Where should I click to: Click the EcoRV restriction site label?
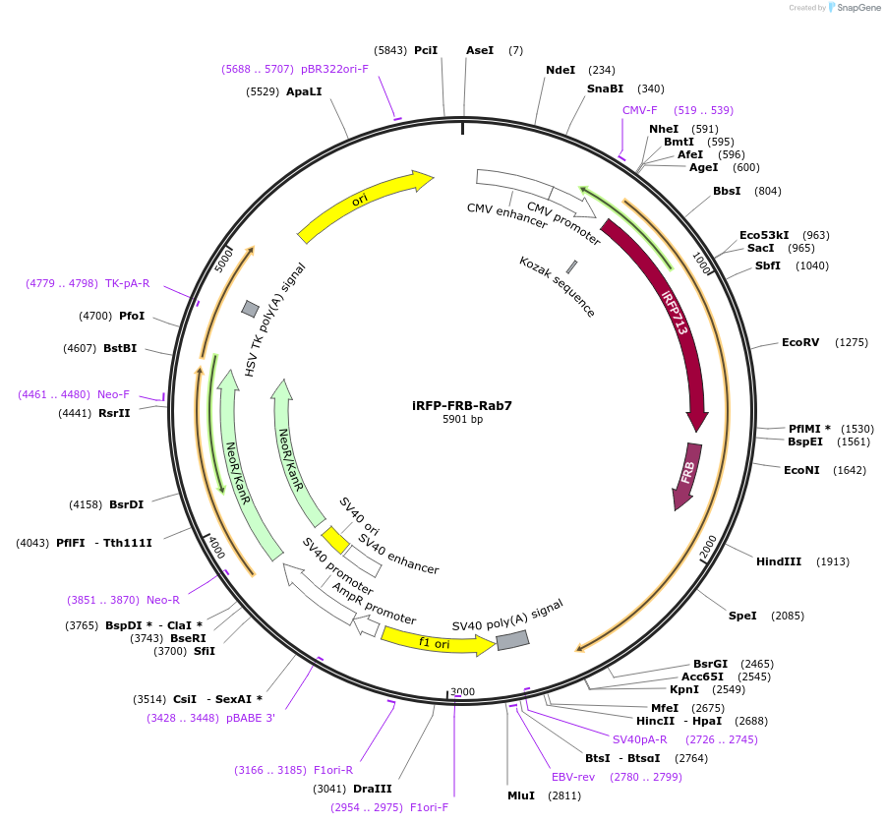tap(799, 342)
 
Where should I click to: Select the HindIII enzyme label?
tap(779, 561)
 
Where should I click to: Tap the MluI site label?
tap(521, 795)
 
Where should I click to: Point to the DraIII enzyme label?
tap(373, 789)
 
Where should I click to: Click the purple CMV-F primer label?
tap(640, 110)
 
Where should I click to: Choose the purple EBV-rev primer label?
tap(573, 777)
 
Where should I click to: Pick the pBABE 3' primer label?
tap(250, 718)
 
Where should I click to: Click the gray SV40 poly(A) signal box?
tap(512, 641)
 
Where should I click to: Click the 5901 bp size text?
tap(462, 420)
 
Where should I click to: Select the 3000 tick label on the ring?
tap(462, 692)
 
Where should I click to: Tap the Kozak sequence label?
tap(558, 286)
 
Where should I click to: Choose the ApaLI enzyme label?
tap(304, 91)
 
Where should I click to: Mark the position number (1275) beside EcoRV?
tap(852, 342)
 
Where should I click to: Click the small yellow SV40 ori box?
tap(335, 540)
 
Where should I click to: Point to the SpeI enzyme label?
tap(742, 616)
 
